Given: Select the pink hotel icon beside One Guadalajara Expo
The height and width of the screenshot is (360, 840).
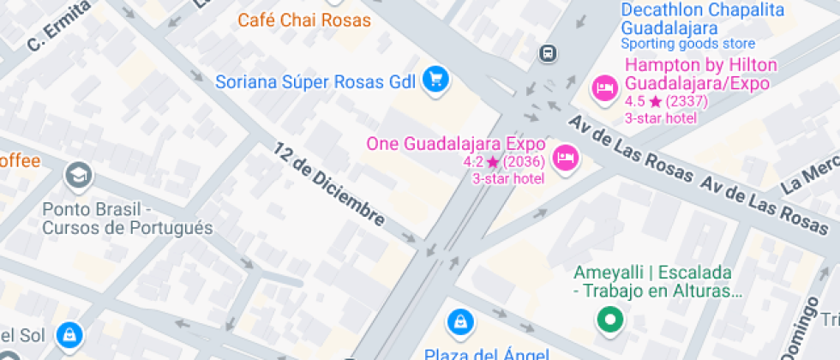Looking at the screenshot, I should tap(565, 158).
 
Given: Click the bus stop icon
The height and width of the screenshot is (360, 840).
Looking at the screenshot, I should tap(546, 53).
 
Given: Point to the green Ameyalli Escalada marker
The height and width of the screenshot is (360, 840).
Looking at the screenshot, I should tap(609, 321).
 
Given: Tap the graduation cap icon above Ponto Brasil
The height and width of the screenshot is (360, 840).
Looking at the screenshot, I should tap(80, 176).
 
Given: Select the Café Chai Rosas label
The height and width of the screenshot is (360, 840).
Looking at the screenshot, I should tap(304, 21).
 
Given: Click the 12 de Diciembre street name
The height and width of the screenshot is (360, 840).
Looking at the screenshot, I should tap(329, 185).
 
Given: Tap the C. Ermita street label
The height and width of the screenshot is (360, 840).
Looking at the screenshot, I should tap(59, 26).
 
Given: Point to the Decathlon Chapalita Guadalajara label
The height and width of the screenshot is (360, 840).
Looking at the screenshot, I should tap(703, 17).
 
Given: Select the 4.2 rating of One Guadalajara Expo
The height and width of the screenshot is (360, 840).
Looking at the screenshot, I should tap(472, 162).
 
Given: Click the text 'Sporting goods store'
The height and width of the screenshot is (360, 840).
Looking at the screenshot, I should tap(688, 44).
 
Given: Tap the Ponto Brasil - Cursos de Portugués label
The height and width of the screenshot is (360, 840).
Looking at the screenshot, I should tap(127, 219).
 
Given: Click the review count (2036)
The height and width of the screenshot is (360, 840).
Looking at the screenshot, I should tap(525, 162).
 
